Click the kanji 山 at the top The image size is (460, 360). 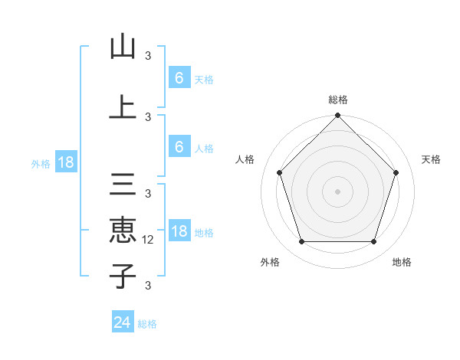(x=123, y=47)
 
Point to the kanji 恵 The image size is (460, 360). (x=123, y=230)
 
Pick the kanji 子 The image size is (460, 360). (x=123, y=275)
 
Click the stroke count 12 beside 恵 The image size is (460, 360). (x=149, y=239)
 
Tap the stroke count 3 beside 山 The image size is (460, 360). (x=148, y=55)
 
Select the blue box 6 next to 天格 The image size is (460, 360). (x=179, y=78)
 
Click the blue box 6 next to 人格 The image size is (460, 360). (x=179, y=147)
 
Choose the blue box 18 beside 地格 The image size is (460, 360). (x=179, y=231)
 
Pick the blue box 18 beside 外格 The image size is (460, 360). (x=65, y=162)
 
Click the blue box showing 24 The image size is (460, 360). (x=123, y=322)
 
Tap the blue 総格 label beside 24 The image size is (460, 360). (x=147, y=324)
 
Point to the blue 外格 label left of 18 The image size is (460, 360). (x=40, y=163)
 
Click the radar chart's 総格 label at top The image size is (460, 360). (x=338, y=100)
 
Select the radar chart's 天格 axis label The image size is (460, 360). (x=432, y=159)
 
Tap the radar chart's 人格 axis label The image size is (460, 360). (x=245, y=159)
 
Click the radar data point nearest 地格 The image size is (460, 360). (x=373, y=242)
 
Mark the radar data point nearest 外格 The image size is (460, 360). (x=301, y=242)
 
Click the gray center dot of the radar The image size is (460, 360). (x=337, y=191)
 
